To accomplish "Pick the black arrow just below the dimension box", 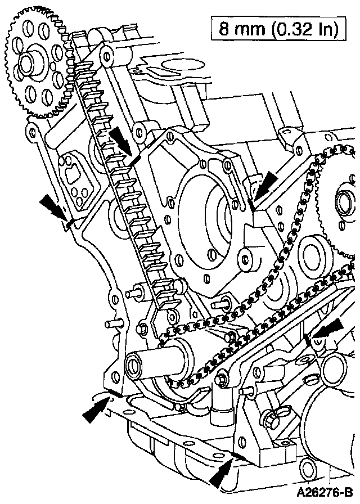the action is point(264,186).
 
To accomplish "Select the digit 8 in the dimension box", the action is point(224,29).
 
